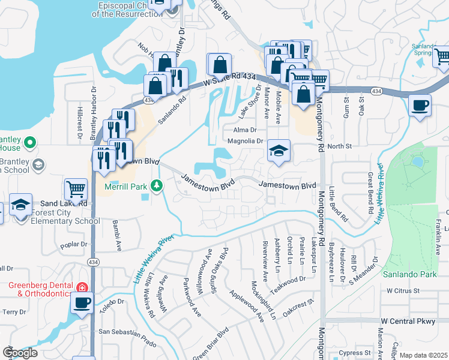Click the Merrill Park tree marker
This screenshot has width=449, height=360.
coord(157,185)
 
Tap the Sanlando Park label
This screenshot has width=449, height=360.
coord(412,274)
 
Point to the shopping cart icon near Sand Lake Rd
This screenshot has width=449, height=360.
coord(76,189)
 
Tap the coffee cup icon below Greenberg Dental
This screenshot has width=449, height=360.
coord(82,302)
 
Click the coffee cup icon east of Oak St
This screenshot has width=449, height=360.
coord(420,106)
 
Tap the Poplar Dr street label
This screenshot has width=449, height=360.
coord(75,245)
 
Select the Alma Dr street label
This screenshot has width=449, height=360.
coord(245,130)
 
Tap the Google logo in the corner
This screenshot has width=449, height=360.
coord(20,353)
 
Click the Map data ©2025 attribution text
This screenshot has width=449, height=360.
coord(423,355)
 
